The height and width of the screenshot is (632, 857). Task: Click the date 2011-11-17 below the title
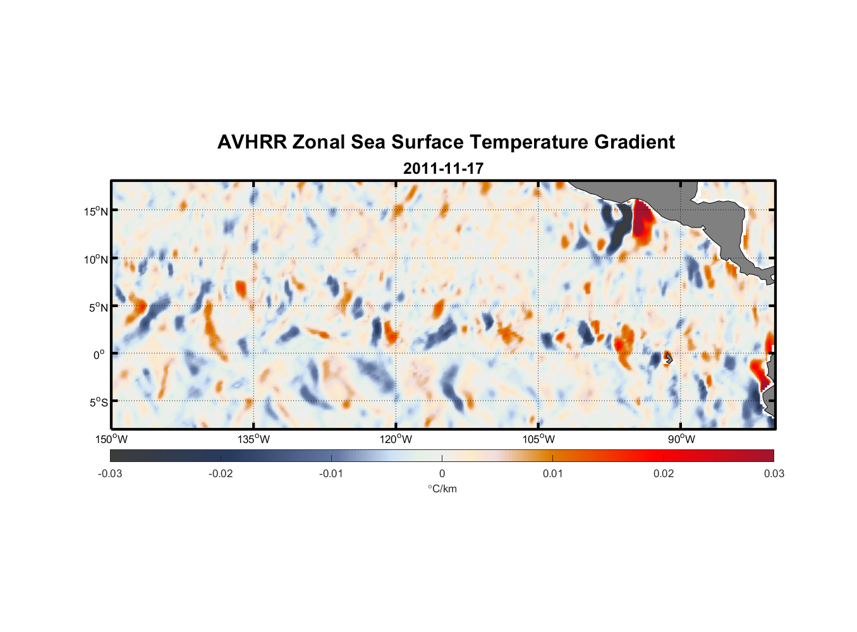pyautogui.click(x=443, y=169)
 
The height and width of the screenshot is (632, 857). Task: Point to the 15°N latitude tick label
pyautogui.click(x=96, y=211)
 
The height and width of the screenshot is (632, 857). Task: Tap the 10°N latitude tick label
pyautogui.click(x=96, y=259)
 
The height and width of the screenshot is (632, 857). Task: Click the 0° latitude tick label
pyautogui.click(x=99, y=355)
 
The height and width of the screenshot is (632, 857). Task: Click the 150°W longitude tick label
pyautogui.click(x=112, y=439)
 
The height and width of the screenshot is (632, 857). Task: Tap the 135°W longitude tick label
pyautogui.click(x=254, y=439)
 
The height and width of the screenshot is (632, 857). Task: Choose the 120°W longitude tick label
pyautogui.click(x=396, y=439)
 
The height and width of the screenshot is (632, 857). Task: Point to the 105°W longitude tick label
pyautogui.click(x=538, y=439)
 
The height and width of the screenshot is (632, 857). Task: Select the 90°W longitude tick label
pyautogui.click(x=681, y=439)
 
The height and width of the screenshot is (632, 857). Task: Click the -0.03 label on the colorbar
pyautogui.click(x=110, y=473)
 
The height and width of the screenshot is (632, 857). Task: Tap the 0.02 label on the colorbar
pyautogui.click(x=664, y=473)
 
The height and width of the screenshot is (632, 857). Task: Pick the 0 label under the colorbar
pyautogui.click(x=442, y=473)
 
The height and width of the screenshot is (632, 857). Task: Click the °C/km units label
pyautogui.click(x=442, y=489)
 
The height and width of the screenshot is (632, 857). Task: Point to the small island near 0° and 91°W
pyautogui.click(x=669, y=359)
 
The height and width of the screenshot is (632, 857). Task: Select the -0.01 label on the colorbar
pyautogui.click(x=331, y=473)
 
